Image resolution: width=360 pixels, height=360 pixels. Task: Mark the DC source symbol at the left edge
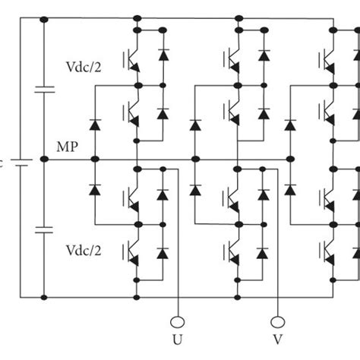point(23,161)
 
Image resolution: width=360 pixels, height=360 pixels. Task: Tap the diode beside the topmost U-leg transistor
point(163,56)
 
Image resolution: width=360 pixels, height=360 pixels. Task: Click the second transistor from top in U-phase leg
point(131,114)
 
